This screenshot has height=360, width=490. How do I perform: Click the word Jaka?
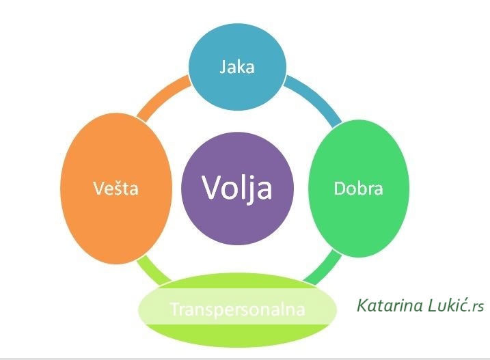(236, 67)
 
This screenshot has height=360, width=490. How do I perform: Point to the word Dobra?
(358, 189)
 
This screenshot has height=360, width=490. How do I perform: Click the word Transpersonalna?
(236, 309)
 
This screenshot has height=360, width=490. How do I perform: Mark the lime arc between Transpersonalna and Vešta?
(152, 269)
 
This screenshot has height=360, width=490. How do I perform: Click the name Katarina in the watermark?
(386, 304)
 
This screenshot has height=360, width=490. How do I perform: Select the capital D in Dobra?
(339, 189)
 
